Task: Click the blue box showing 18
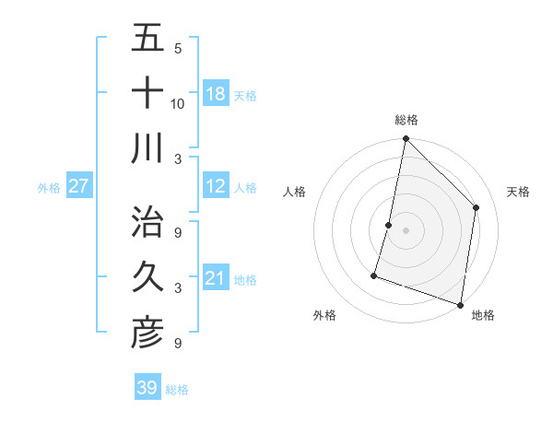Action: pyautogui.click(x=215, y=93)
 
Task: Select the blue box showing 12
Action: pyautogui.click(x=215, y=187)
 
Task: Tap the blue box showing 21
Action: pyautogui.click(x=215, y=278)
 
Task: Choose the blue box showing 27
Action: pyautogui.click(x=78, y=187)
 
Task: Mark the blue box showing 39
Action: pyautogui.click(x=147, y=388)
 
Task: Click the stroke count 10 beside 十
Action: pyautogui.click(x=178, y=103)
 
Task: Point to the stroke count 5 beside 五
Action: pyautogui.click(x=178, y=49)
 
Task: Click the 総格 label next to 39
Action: pyautogui.click(x=177, y=390)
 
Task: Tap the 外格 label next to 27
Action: pyautogui.click(x=49, y=188)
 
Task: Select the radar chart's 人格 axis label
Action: pyautogui.click(x=295, y=193)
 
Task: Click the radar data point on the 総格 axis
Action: pyautogui.click(x=406, y=140)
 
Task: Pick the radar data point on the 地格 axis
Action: pyautogui.click(x=460, y=304)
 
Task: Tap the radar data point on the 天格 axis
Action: pyautogui.click(x=476, y=207)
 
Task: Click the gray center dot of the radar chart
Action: pyautogui.click(x=406, y=230)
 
